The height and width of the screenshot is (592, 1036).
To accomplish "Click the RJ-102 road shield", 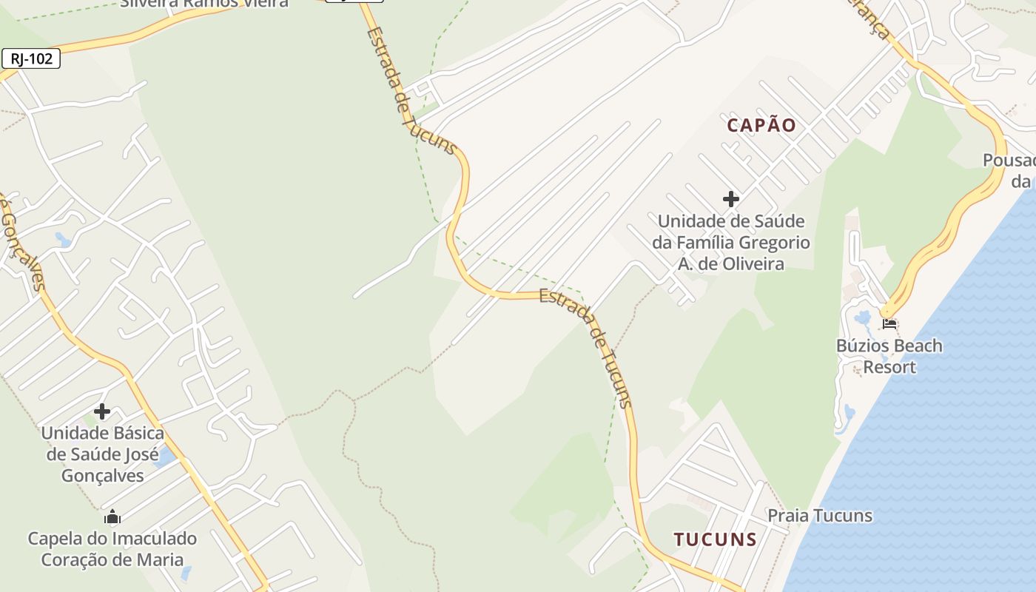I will click(x=31, y=59).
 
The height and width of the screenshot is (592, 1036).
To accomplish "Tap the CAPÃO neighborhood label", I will click(x=761, y=125).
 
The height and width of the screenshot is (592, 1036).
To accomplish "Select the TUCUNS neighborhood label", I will click(x=715, y=539).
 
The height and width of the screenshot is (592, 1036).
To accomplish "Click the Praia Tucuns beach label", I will click(x=819, y=516).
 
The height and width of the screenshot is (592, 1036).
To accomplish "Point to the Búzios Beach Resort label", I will click(x=889, y=356).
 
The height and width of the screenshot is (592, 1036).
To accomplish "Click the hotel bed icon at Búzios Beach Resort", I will click(x=889, y=323).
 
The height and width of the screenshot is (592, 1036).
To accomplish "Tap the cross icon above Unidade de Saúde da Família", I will click(x=731, y=199).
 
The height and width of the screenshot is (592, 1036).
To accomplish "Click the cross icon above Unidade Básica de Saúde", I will click(x=102, y=411).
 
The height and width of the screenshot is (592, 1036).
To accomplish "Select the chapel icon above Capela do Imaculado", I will click(x=112, y=517).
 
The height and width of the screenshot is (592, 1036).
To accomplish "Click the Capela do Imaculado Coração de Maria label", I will click(x=112, y=548).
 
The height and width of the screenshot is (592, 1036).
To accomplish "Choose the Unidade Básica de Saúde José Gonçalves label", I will click(x=102, y=454).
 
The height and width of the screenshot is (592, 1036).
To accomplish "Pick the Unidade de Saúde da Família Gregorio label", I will click(x=730, y=242).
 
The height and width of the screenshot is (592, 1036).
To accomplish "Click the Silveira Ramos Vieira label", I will click(x=204, y=3).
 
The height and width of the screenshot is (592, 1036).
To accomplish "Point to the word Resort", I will click(x=889, y=367).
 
